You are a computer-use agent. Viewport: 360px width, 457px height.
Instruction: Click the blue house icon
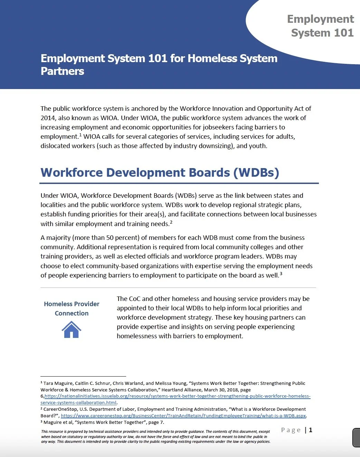coord(72,330)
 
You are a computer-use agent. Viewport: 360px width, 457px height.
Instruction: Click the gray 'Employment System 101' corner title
coord(321,26)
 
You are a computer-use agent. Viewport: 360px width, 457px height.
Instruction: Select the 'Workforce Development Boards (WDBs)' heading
coord(160,173)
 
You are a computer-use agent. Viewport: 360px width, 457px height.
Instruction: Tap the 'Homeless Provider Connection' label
coord(72,308)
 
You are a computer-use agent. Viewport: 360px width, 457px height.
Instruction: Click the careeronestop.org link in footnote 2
coord(183,416)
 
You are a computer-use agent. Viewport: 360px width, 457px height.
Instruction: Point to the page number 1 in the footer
coord(311,430)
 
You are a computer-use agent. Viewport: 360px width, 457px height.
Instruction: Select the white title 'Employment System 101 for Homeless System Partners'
coord(159,65)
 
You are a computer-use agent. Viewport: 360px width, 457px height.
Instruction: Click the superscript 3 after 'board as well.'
coord(281,274)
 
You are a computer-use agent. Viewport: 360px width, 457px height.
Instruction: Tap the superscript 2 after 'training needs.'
coord(171,222)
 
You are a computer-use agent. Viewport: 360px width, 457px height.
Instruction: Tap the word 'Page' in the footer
coord(291,430)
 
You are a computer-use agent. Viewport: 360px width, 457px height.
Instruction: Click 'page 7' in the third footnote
coord(156,422)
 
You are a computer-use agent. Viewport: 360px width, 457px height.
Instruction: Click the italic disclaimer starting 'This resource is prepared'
coord(155,436)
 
